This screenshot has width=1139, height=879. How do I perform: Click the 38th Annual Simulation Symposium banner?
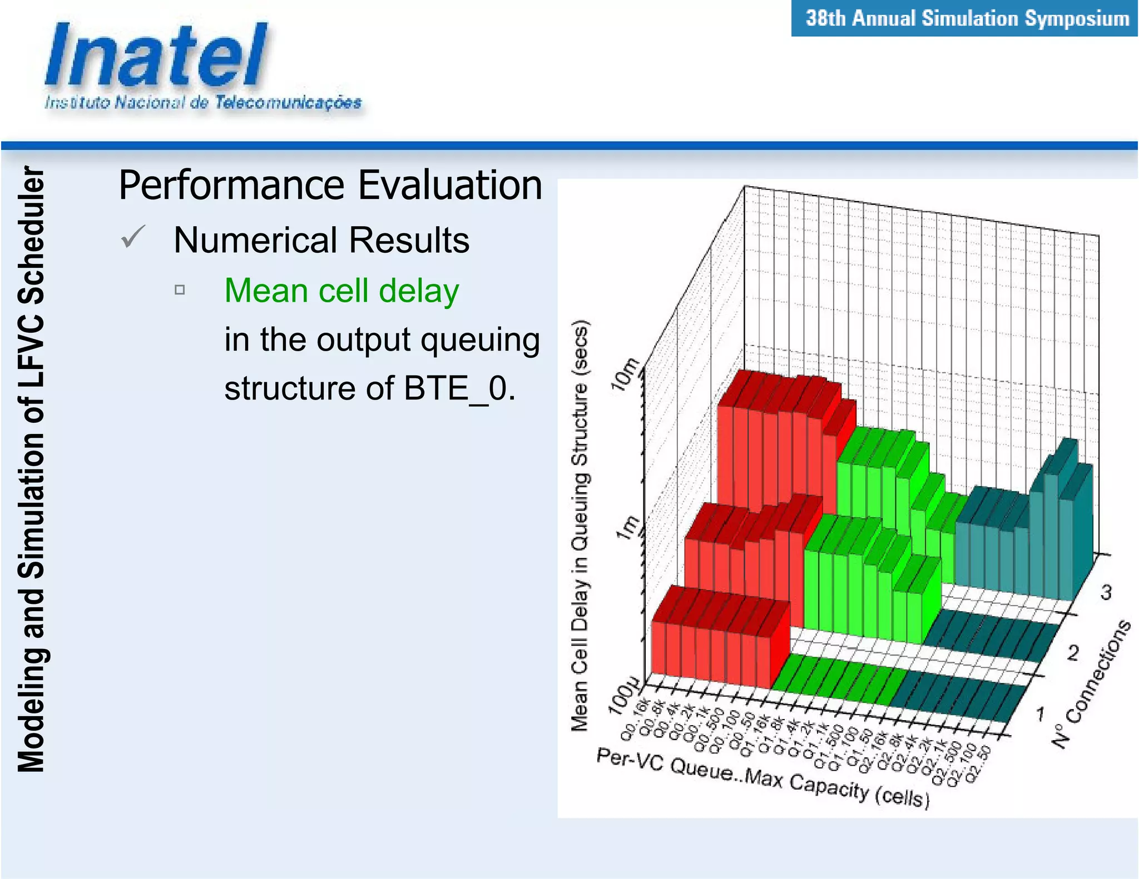[x=967, y=18]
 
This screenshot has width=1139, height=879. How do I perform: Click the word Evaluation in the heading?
[x=449, y=185]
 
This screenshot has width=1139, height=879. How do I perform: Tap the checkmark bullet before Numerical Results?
[x=133, y=237]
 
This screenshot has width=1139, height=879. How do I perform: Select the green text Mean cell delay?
[x=341, y=291]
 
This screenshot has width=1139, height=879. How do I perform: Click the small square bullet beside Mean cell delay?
[x=179, y=289]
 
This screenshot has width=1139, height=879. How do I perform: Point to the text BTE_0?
[x=459, y=388]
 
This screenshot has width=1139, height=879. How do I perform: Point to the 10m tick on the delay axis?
[x=625, y=374]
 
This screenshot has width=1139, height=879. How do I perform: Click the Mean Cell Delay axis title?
[x=580, y=525]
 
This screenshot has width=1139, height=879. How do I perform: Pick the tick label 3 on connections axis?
[x=1106, y=592]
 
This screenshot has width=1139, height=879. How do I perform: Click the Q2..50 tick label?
[x=978, y=764]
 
